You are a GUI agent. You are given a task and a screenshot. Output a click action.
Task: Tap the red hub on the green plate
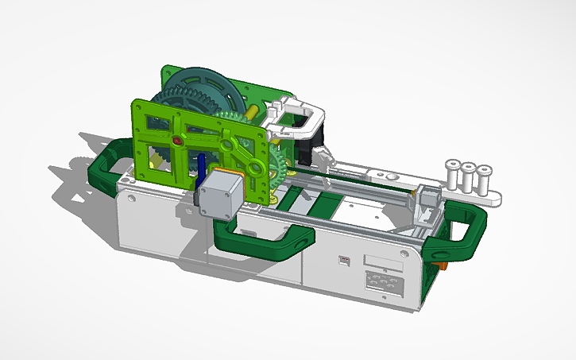click(x=176, y=141)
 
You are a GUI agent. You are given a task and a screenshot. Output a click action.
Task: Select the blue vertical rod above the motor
click(x=203, y=168)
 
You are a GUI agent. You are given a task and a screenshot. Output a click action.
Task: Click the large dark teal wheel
click(x=203, y=87)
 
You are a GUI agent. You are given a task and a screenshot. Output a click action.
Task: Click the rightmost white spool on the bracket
click(x=484, y=176)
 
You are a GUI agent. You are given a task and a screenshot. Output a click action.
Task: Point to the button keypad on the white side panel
click(x=382, y=283)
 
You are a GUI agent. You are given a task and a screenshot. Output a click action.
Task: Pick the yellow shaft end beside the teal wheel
click(x=252, y=112)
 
